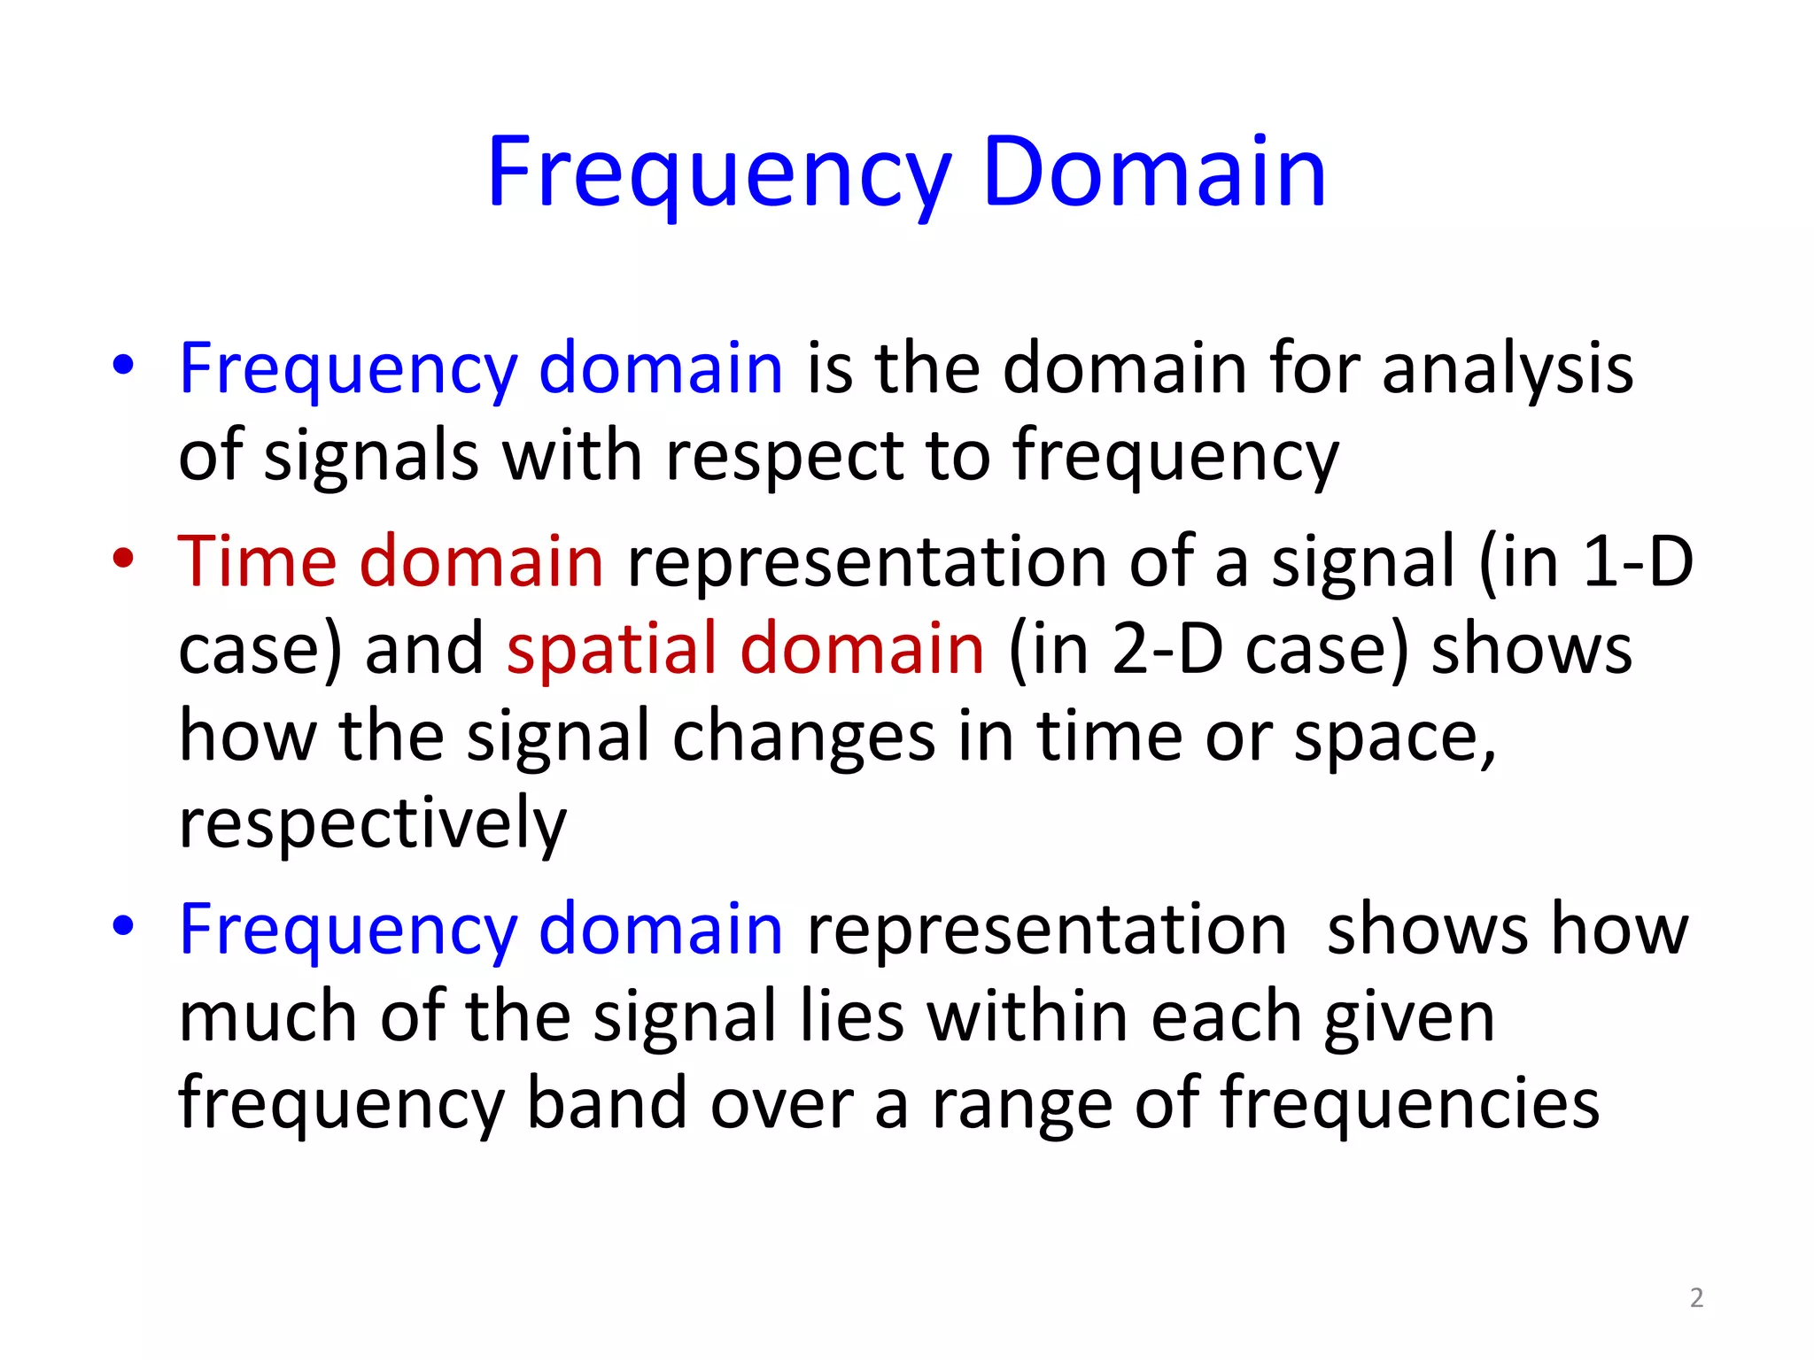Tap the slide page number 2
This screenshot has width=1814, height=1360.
coord(1696,1298)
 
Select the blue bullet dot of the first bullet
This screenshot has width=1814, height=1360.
coord(123,365)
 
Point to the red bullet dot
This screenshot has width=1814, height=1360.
coord(123,558)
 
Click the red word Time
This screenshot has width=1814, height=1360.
coord(257,561)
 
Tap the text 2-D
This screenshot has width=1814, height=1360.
coord(1166,648)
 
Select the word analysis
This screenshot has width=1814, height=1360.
coord(1508,368)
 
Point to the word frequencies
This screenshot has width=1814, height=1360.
coord(1410,1103)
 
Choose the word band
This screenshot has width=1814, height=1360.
coord(607,1103)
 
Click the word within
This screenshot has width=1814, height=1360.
coord(1027,1016)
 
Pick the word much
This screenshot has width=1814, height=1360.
coord(268,1016)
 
